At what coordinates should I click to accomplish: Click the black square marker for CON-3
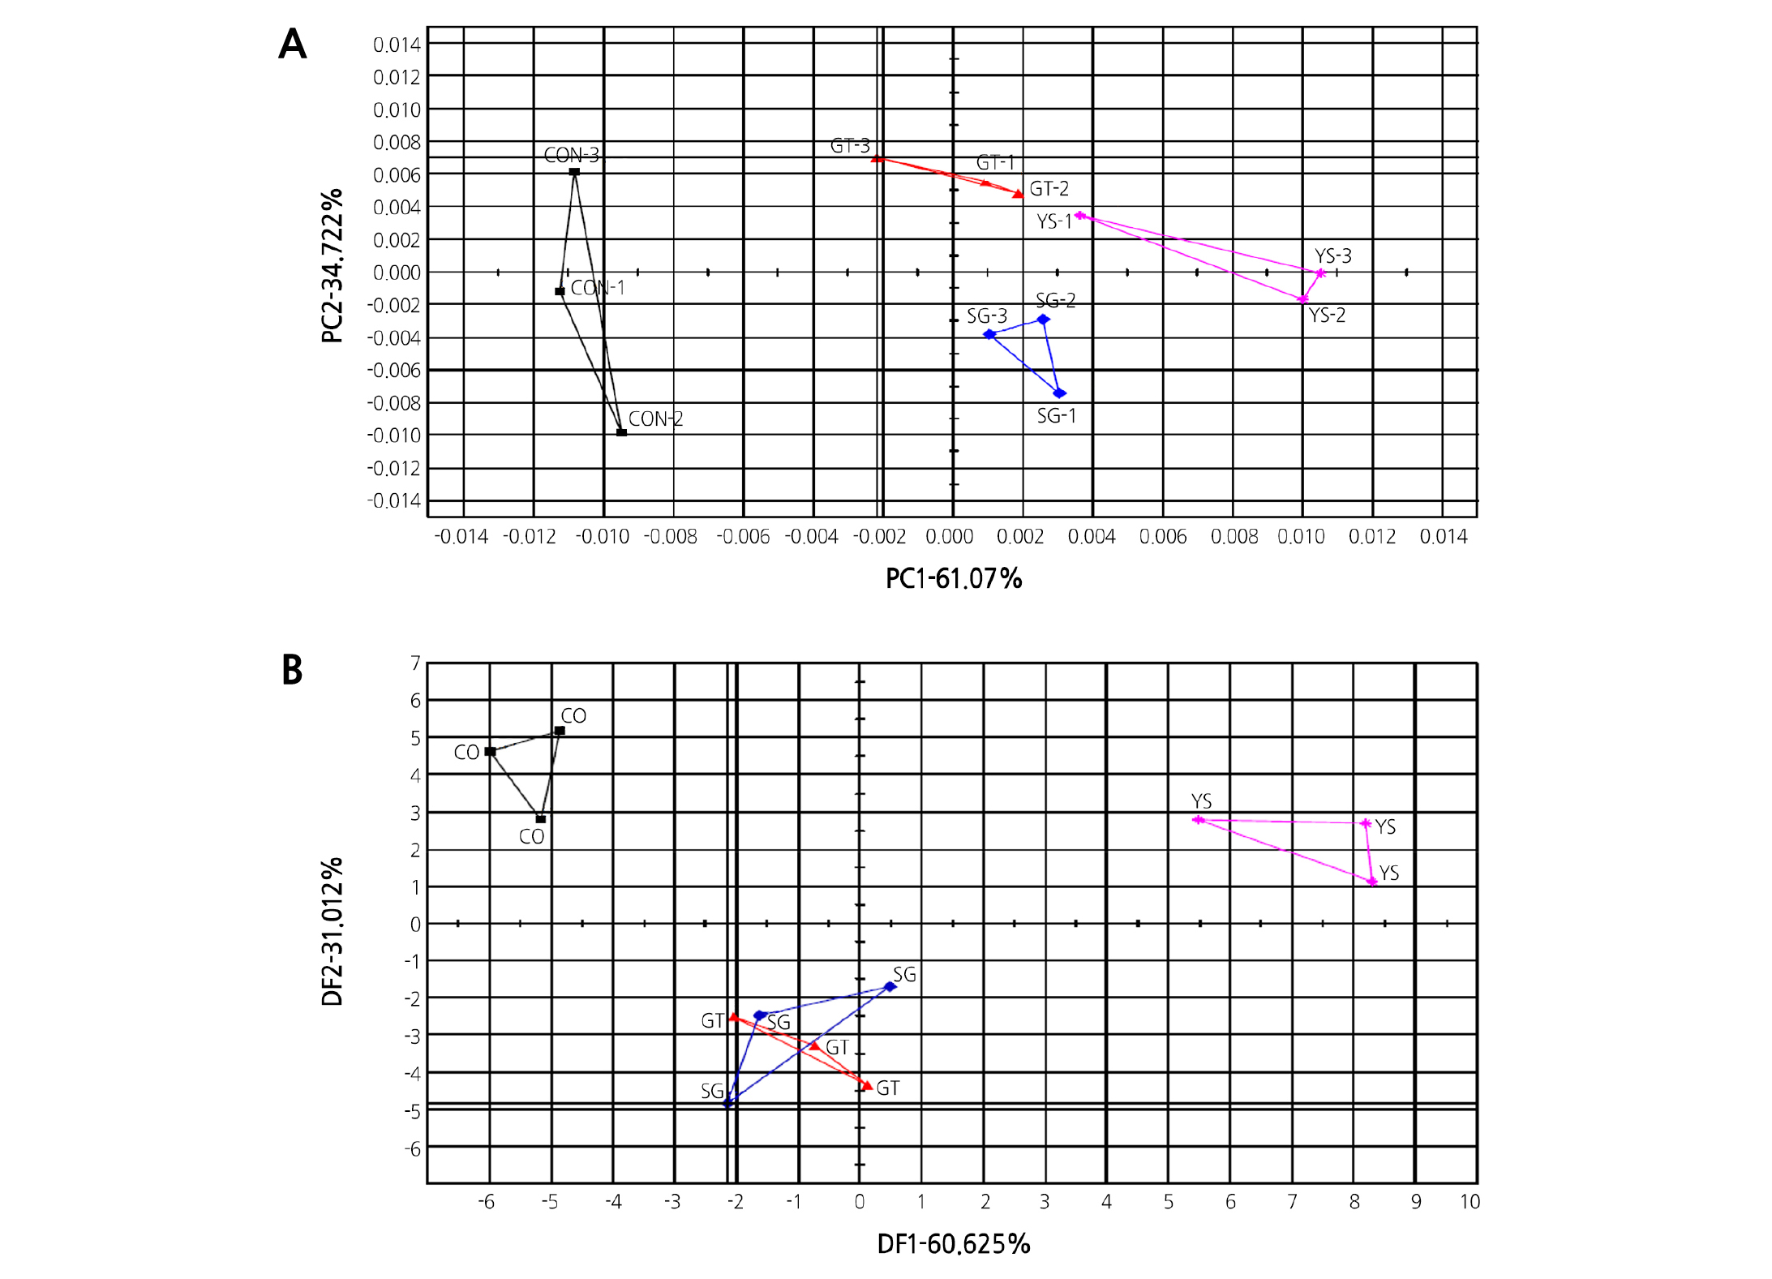point(574,172)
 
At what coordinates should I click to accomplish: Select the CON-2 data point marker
point(621,432)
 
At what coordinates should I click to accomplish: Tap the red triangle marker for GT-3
point(877,158)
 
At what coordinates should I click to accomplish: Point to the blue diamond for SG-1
point(1059,393)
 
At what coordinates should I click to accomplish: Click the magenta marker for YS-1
point(1079,216)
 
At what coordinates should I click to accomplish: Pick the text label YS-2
point(1327,315)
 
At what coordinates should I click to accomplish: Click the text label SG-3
point(986,316)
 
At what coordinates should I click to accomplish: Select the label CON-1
point(598,288)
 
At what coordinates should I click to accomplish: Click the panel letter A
point(293,44)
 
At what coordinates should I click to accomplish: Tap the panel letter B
point(292,670)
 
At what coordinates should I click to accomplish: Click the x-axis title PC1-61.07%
point(953,578)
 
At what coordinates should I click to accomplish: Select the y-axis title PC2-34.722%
point(332,266)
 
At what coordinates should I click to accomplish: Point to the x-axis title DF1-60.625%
point(953,1243)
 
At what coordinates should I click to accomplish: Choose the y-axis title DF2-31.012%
point(332,931)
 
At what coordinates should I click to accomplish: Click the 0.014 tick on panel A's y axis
point(397,45)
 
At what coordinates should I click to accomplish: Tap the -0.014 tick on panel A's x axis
point(461,537)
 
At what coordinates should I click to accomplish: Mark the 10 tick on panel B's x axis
point(1470,1202)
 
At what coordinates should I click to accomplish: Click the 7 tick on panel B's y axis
point(415,663)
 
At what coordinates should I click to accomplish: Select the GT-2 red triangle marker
point(1018,194)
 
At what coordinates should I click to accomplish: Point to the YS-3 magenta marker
point(1320,273)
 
